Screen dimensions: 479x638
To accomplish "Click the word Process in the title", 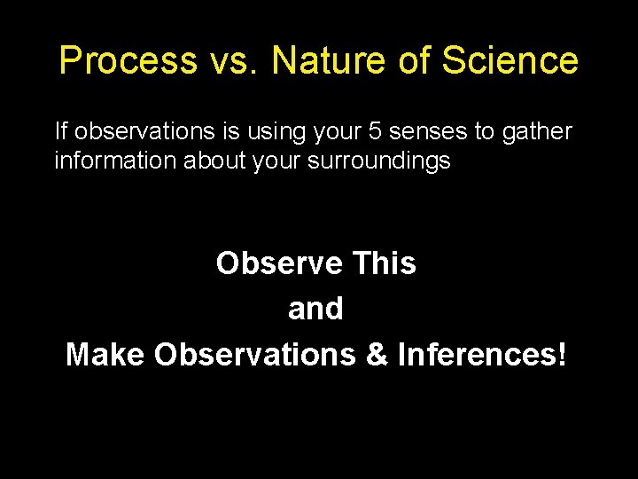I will (x=128, y=61).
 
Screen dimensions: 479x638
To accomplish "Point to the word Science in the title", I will (x=510, y=61).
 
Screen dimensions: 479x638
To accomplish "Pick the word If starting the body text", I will (x=61, y=132).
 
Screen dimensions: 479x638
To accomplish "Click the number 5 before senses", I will (x=373, y=132).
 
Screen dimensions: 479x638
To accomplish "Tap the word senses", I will (x=427, y=132).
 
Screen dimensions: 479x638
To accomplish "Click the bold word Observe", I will (x=279, y=263).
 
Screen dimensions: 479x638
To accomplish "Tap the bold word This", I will (x=384, y=263).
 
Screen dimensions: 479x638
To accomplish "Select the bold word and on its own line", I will (x=315, y=309).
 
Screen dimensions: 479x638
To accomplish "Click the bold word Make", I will (x=105, y=354).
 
